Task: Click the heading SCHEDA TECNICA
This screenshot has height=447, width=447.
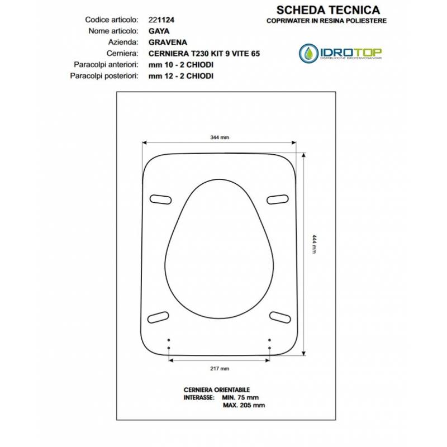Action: coord(328,10)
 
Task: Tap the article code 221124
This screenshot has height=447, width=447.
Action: coord(161,20)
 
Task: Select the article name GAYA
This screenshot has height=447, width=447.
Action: coord(159,31)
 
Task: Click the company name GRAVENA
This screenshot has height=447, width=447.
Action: coord(168,42)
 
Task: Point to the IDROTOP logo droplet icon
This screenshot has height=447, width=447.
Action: coord(309,53)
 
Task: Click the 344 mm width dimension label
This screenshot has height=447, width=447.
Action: coord(220,137)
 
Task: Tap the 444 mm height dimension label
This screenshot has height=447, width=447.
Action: coord(314,244)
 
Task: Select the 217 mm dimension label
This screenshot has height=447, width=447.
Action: coord(220,369)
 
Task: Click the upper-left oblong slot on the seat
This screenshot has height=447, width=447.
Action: coord(160,199)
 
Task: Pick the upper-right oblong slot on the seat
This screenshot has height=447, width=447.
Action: coord(277,199)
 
